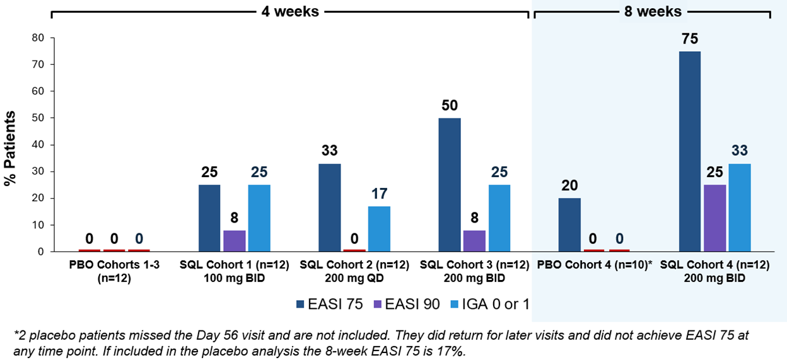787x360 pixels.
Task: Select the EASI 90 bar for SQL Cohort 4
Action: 714,218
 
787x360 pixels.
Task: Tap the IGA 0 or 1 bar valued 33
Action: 740,207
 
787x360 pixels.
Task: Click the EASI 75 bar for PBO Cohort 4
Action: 569,224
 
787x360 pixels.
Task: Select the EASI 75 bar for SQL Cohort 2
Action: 329,207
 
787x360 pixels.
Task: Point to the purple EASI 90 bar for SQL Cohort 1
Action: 235,241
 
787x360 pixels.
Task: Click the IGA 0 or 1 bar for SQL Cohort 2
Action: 380,229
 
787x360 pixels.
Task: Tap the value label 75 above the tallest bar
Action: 689,40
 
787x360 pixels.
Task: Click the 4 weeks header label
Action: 289,11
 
